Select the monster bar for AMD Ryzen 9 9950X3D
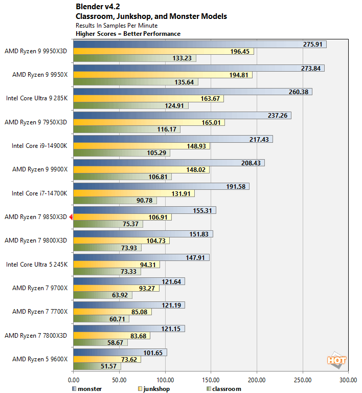199,45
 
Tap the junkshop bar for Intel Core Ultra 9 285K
148,99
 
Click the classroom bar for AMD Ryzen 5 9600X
97,366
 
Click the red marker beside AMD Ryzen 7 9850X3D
71,217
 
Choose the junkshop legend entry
153,388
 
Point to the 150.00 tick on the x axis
211,380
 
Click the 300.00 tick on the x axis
348,380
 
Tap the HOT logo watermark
337,360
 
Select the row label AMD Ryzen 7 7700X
40,312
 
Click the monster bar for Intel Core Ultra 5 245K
141,257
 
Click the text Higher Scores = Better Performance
128,34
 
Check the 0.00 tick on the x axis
74,380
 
